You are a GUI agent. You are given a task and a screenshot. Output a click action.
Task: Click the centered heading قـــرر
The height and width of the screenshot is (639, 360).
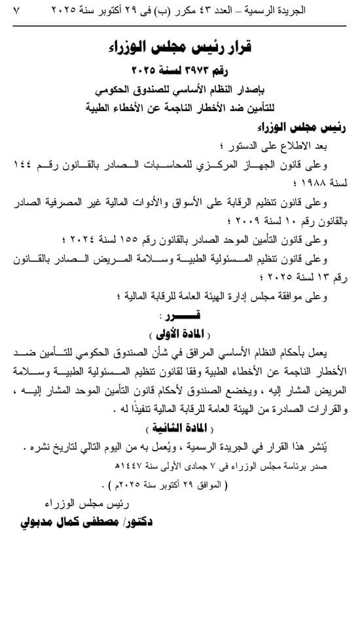pos(181,318)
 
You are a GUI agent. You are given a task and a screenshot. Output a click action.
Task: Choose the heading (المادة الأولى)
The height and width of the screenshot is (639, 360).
pos(181,335)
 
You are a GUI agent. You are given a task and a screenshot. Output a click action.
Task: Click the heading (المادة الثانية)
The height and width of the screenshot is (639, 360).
pos(181,429)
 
